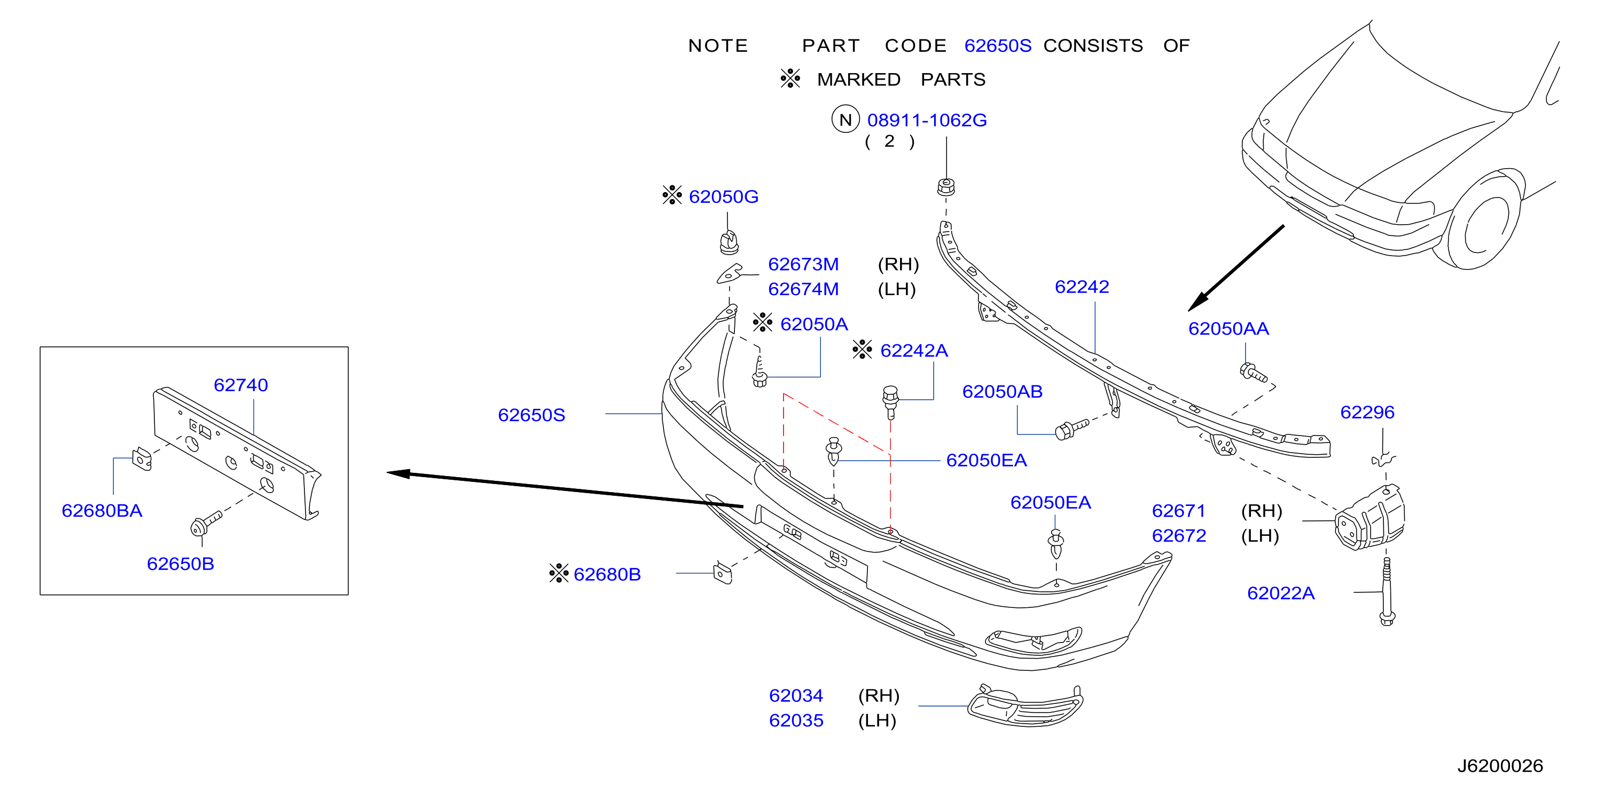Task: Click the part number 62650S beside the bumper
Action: (x=531, y=415)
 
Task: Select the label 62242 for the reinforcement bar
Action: (x=1082, y=287)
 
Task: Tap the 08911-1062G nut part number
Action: (x=927, y=120)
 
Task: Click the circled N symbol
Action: (x=845, y=119)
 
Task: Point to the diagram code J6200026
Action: (x=1500, y=765)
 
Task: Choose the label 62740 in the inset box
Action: (x=240, y=385)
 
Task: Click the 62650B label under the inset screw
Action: (x=181, y=564)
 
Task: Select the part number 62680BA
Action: (x=102, y=511)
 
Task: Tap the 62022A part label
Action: (x=1281, y=593)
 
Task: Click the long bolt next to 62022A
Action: (x=1387, y=591)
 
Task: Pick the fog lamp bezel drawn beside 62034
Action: (x=1025, y=706)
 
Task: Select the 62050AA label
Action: (x=1228, y=328)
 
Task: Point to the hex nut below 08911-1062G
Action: (x=946, y=186)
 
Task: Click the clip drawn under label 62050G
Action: (x=729, y=242)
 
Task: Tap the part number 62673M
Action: (x=803, y=264)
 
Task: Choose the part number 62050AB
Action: (x=1003, y=392)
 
